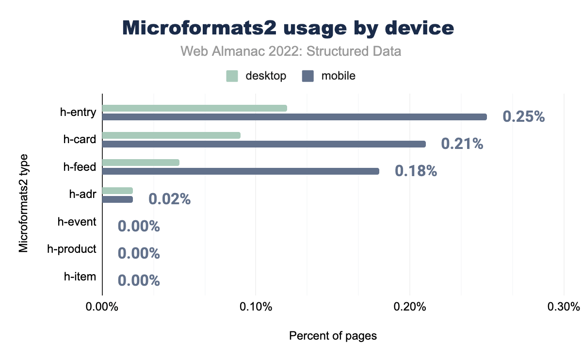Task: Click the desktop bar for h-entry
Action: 194,108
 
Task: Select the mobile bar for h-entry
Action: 294,117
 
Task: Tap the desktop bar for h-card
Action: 171,135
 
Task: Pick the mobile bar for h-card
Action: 264,144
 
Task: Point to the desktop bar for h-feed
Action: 141,162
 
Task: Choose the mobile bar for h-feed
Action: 241,171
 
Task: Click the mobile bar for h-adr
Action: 117,199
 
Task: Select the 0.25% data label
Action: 524,117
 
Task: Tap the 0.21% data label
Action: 462,144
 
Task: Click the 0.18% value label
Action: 416,171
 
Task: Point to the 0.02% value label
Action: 169,199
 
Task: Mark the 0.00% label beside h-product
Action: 139,253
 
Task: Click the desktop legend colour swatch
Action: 232,76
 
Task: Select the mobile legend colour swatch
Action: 308,76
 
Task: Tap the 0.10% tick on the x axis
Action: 256,307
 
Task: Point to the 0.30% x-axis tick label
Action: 563,307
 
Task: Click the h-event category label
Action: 77,222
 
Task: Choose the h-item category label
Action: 80,277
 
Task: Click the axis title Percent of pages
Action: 333,336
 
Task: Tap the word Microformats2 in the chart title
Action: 199,28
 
